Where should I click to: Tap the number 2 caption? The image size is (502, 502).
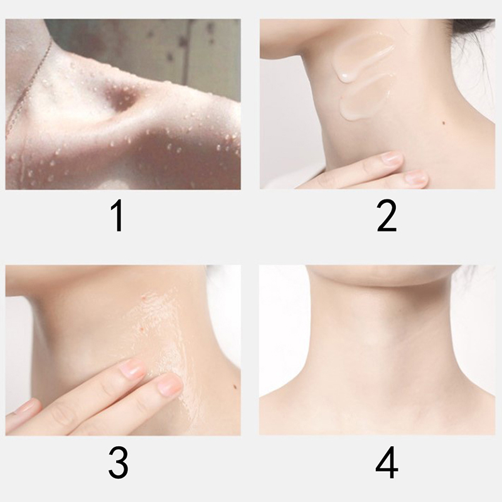[x=387, y=215]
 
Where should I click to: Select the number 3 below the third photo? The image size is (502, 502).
[x=118, y=462]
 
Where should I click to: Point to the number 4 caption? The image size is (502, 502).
[x=387, y=462]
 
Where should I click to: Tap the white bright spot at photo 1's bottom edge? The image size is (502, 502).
[x=112, y=184]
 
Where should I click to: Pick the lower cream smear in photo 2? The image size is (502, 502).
[x=365, y=99]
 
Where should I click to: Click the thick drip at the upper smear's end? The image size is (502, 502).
[x=344, y=76]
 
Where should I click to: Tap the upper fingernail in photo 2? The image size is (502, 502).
[x=392, y=159]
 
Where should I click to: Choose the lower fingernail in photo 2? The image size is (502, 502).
[x=416, y=178]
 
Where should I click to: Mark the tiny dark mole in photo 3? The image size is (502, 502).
[x=235, y=387]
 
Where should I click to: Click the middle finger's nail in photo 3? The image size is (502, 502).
[x=132, y=369]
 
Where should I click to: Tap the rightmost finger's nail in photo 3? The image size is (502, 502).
[x=169, y=384]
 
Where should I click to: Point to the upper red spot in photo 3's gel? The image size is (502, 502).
[x=144, y=297]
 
